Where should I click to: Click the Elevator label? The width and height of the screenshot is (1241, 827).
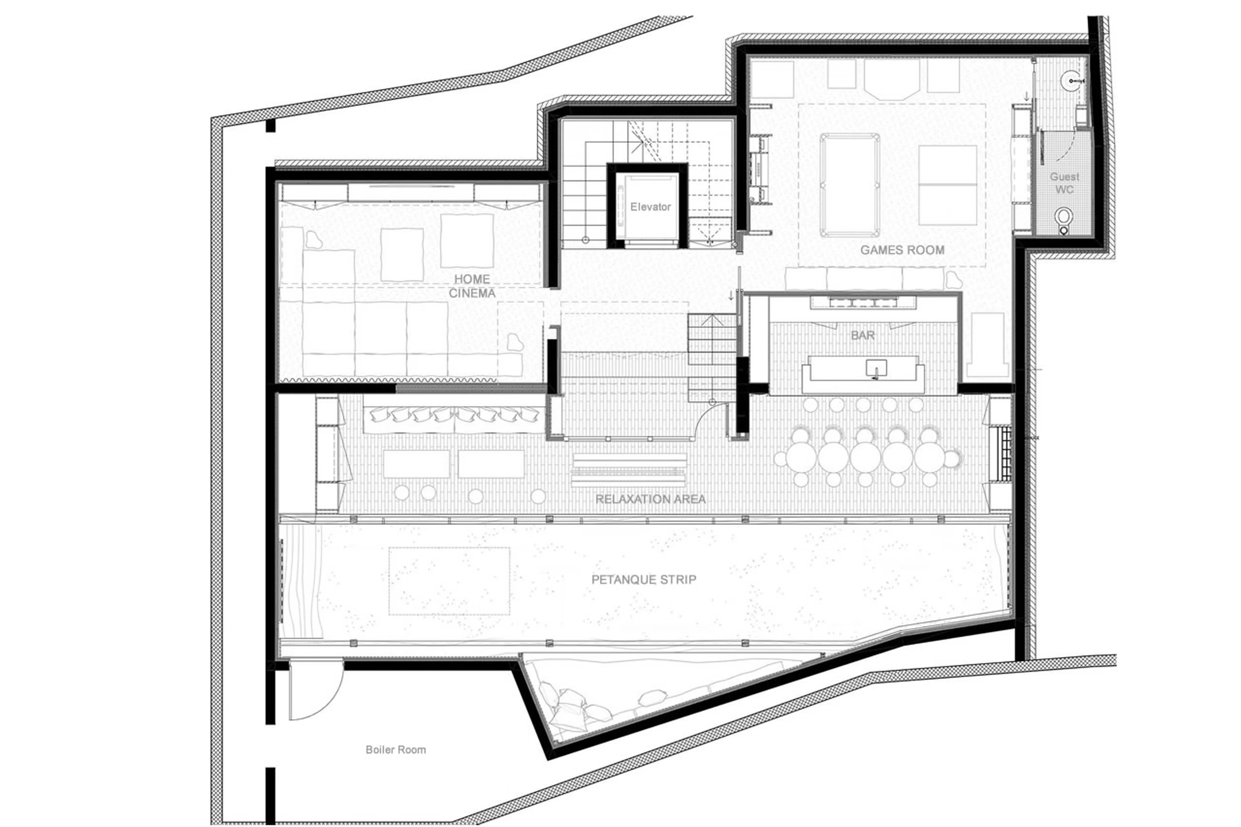[650, 207]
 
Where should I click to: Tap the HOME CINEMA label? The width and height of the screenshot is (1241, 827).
[472, 286]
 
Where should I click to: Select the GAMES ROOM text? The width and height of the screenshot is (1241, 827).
[902, 250]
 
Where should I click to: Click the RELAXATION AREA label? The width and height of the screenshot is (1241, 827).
[650, 499]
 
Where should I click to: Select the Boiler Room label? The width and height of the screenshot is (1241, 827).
[396, 749]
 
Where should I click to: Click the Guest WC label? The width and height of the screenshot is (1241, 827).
[1064, 183]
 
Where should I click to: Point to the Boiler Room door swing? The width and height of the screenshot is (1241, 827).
[316, 691]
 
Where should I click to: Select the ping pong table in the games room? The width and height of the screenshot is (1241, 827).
[947, 185]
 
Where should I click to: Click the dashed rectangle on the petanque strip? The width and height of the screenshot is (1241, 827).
[449, 581]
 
